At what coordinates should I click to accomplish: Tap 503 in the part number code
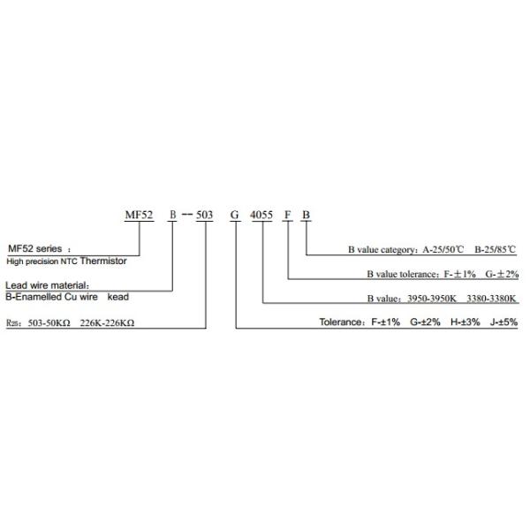pos(203,216)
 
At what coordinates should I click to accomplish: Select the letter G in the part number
pos(235,216)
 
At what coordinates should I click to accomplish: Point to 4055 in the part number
pos(263,216)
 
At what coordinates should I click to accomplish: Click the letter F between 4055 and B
pos(288,216)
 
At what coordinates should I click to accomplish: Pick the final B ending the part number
pos(306,216)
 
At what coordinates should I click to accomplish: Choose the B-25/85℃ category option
pos(496,251)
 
